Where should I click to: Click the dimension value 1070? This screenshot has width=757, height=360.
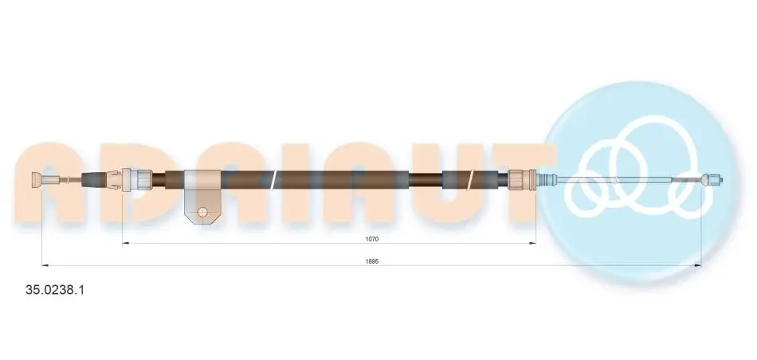[371, 239]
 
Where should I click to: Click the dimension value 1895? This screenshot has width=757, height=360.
[371, 261]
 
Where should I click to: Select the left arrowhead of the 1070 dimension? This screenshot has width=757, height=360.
[126, 243]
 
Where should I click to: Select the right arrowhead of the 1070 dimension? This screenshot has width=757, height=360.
[532, 243]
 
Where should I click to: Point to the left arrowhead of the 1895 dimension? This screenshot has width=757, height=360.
[46, 265]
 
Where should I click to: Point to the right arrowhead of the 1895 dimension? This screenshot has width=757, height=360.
[697, 265]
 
